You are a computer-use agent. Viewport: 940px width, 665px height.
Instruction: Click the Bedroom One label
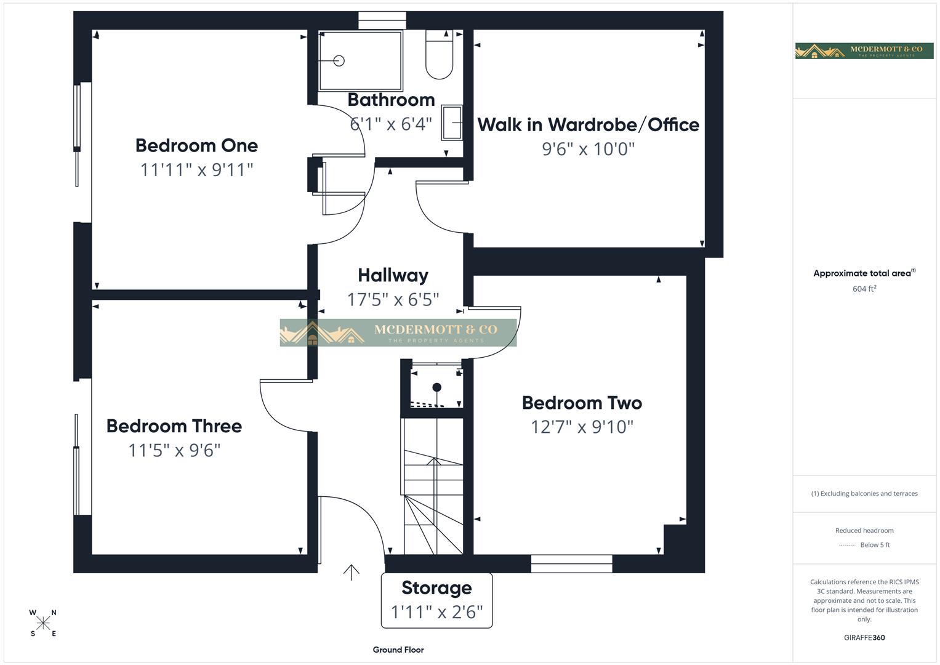(x=196, y=146)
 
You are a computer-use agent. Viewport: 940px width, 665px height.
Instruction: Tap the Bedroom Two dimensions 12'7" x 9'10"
(x=582, y=427)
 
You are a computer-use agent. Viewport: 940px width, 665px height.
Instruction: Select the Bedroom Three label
(x=174, y=426)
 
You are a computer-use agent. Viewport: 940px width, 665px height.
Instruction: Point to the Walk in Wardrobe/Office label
(x=588, y=125)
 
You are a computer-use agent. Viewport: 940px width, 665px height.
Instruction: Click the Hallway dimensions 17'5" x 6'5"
(x=393, y=300)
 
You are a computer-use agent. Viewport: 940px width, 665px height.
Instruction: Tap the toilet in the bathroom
(x=439, y=57)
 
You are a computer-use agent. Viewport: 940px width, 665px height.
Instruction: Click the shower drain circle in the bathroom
(x=339, y=60)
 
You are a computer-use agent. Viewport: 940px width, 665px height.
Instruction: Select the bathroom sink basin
(x=452, y=123)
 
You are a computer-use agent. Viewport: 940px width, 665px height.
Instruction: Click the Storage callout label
(x=436, y=588)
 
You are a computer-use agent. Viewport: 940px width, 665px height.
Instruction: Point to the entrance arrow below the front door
(x=351, y=573)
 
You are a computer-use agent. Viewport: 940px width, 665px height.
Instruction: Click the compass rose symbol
(x=43, y=623)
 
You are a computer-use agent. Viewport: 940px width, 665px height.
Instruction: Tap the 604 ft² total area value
(x=864, y=289)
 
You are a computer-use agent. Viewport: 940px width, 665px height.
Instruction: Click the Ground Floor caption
(x=398, y=650)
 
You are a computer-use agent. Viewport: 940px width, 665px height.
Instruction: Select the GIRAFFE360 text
(x=864, y=638)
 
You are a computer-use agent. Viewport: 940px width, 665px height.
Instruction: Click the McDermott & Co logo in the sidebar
(x=864, y=50)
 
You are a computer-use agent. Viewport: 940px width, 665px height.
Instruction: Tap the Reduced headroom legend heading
(x=864, y=530)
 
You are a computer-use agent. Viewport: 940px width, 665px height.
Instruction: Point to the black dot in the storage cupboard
(x=436, y=387)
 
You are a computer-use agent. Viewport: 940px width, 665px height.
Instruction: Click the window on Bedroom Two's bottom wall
(x=571, y=563)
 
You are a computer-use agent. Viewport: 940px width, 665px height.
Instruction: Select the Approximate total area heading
(x=864, y=273)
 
